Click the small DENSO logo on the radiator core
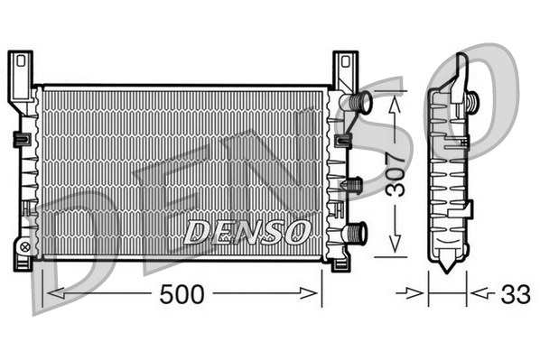point(247,232)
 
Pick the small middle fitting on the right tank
point(352,185)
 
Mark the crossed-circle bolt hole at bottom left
point(24,245)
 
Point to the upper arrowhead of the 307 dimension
point(395,103)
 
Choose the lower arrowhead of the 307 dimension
point(395,248)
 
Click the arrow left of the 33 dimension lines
point(418,293)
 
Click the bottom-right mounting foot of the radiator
point(342,263)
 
